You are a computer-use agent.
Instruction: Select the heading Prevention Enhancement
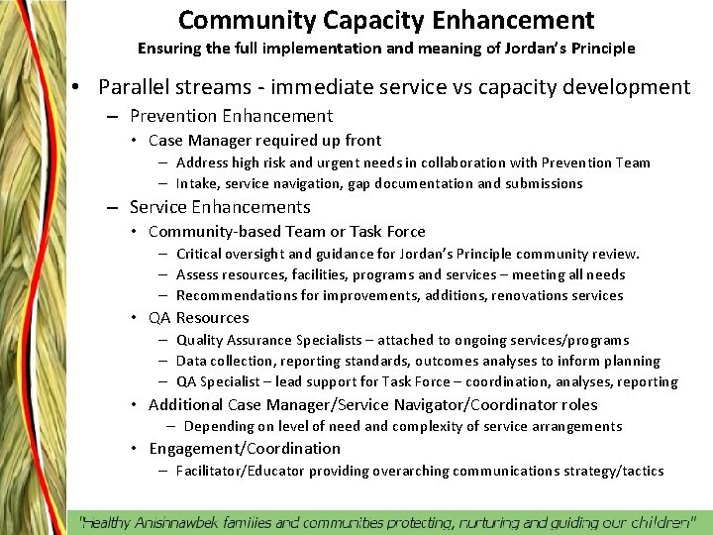point(231,116)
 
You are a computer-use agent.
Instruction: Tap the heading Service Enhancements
point(220,207)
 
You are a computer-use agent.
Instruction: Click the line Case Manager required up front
point(264,141)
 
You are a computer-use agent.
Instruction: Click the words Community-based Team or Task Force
point(286,232)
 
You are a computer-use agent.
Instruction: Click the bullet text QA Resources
point(198,318)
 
